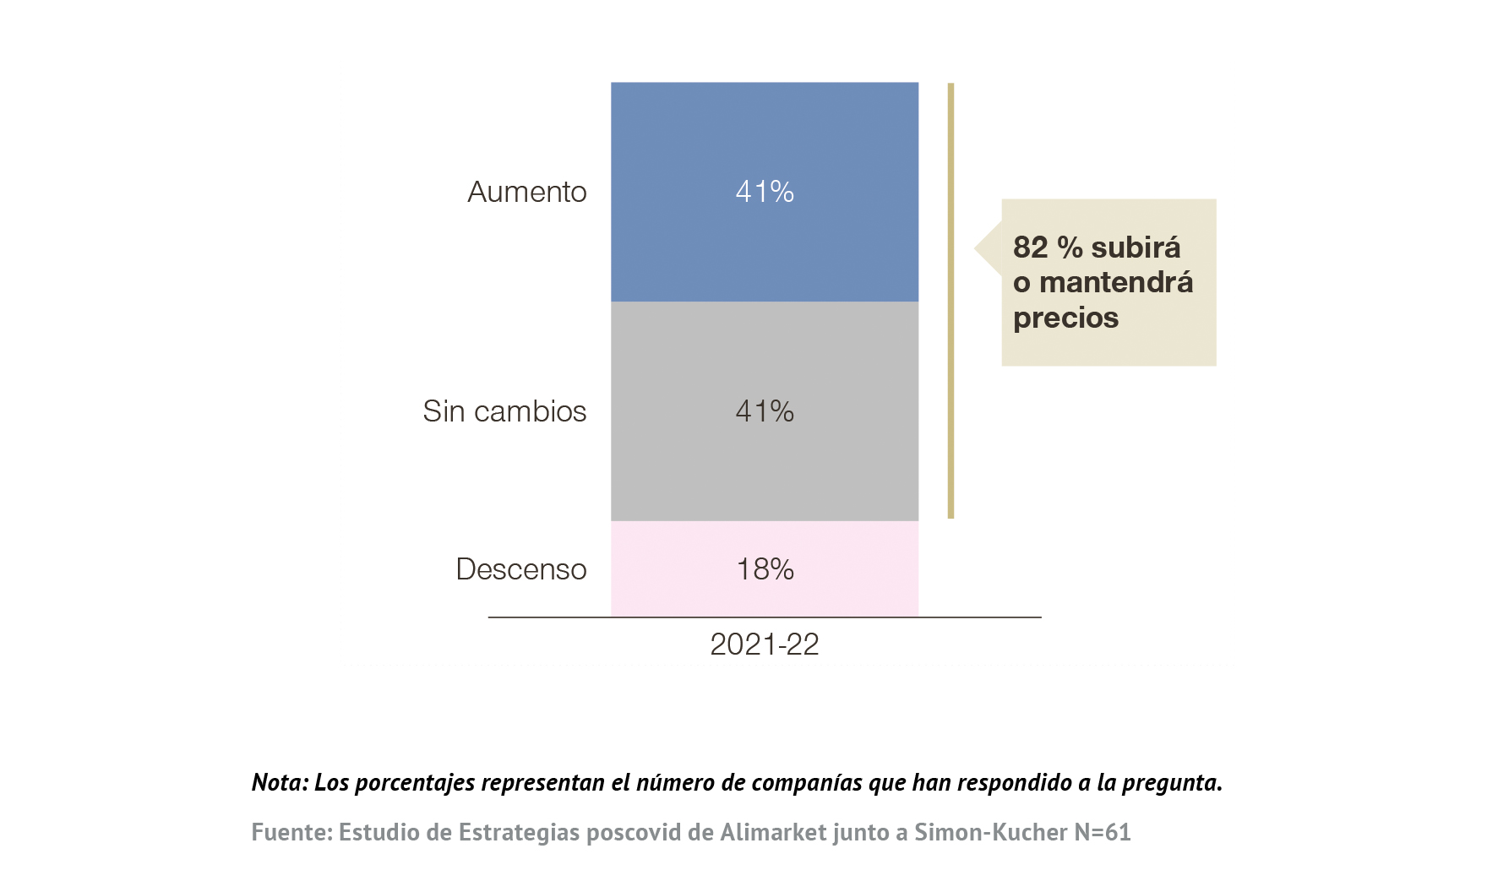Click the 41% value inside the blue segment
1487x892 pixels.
click(x=765, y=192)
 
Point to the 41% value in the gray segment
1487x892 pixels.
click(x=765, y=411)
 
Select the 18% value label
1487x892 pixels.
click(x=765, y=569)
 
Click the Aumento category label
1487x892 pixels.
click(x=526, y=192)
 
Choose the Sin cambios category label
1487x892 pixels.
click(x=504, y=411)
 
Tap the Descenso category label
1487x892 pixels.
click(x=520, y=569)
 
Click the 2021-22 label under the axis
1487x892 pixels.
click(x=765, y=645)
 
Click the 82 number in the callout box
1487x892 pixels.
click(x=1030, y=247)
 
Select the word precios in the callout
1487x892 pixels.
click(x=1065, y=318)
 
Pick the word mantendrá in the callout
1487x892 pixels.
click(x=1116, y=282)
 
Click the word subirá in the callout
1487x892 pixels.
click(x=1136, y=247)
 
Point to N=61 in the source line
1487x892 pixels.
click(x=1102, y=832)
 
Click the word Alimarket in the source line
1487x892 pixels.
click(x=773, y=832)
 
